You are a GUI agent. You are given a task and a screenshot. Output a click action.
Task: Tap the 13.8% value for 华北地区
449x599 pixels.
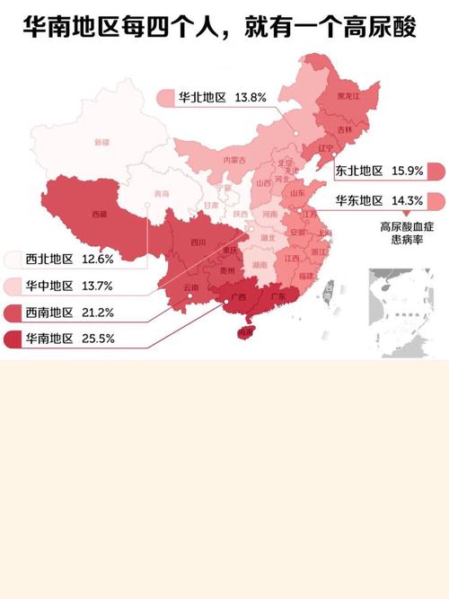251,96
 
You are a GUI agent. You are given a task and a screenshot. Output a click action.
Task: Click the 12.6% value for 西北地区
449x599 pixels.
97,260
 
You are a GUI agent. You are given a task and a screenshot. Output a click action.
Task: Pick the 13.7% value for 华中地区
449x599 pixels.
97,286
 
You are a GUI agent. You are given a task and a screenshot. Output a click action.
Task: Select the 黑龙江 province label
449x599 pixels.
348,96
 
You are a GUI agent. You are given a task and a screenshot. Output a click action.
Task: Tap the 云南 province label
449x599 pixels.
191,287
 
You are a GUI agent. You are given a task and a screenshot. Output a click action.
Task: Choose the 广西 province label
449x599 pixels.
238,297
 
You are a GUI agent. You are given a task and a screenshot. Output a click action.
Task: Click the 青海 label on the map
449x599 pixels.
161,193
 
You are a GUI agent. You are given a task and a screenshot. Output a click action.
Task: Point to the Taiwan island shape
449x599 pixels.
328,290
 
